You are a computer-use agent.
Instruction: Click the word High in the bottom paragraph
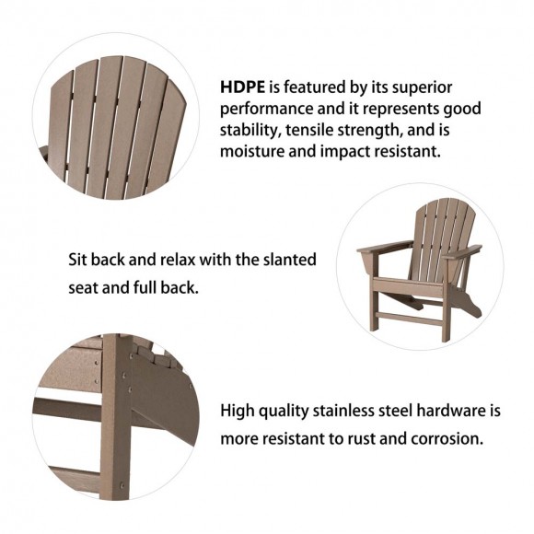[238, 410]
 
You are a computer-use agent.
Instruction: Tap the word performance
[263, 109]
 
